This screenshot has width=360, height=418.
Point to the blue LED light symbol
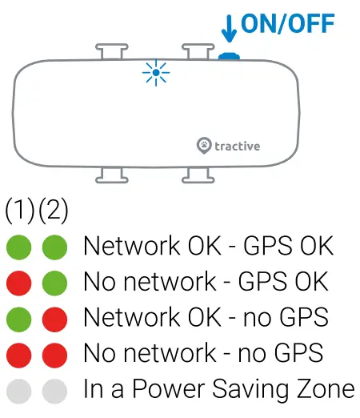pos(156,74)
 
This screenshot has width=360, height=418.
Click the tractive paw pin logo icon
pos(204,145)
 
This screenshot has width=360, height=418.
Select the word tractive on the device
pos(238,146)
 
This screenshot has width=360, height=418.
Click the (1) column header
pos(19,211)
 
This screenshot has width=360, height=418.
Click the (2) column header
pos(53,211)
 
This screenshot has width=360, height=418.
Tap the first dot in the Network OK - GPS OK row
pos(19,247)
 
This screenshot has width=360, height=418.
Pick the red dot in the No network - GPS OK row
pos(19,283)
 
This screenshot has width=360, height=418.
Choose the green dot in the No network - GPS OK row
pos(54,283)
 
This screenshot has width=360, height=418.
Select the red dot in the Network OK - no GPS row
pos(54,319)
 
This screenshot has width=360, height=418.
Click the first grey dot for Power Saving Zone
pos(19,391)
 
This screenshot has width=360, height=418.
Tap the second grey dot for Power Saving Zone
pos(54,391)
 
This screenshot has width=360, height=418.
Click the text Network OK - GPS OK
pos(208,246)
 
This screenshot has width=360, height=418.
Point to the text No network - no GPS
pos(203,353)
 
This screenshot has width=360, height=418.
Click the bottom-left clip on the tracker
pos(110,173)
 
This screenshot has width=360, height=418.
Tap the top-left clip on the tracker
pos(110,52)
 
